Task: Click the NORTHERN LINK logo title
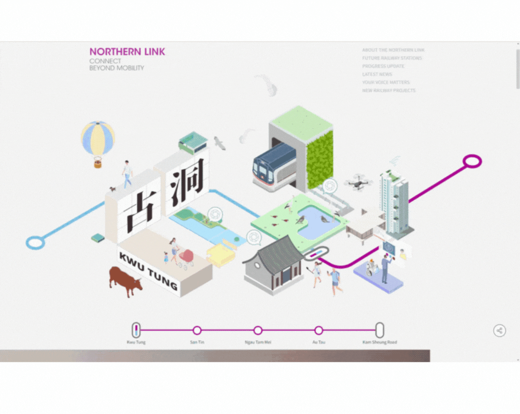127,51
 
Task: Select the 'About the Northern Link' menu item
393,50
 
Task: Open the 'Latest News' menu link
377,74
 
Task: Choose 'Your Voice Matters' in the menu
386,82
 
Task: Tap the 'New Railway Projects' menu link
389,90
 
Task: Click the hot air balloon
98,140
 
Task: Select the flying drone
358,182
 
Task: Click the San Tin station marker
197,330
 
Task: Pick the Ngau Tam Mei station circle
258,330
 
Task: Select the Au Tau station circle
319,330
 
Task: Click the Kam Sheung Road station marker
380,330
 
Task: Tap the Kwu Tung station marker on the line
136,330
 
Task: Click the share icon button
499,330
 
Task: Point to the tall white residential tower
394,202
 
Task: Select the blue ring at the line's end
35,242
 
